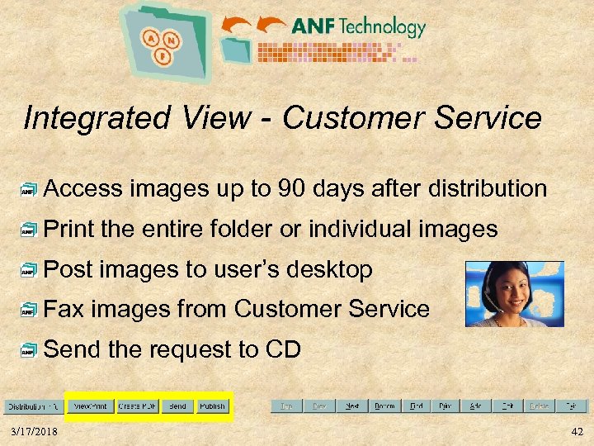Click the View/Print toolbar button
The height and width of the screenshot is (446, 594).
click(x=91, y=406)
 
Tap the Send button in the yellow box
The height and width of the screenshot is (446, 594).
click(x=177, y=406)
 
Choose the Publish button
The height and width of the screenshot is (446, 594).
click(x=212, y=406)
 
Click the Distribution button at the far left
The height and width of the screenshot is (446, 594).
click(x=33, y=406)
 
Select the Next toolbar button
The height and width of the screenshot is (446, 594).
click(x=351, y=406)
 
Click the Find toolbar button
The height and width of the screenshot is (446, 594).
click(x=417, y=406)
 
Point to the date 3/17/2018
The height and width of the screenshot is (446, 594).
click(x=35, y=432)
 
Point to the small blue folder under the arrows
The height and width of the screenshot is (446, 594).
click(x=238, y=50)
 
